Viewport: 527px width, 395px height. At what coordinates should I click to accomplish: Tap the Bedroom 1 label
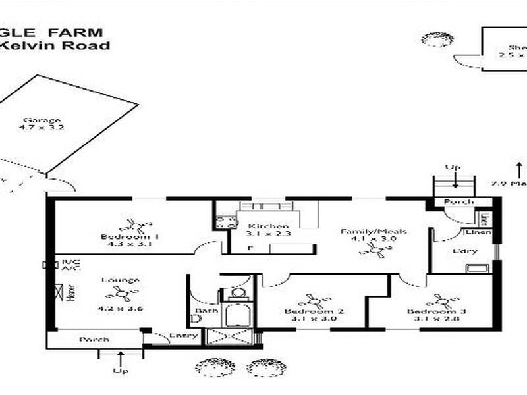tap(121, 236)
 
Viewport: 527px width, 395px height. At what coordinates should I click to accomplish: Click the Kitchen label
tap(259, 226)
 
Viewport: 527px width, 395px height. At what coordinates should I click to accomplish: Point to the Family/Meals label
tap(373, 232)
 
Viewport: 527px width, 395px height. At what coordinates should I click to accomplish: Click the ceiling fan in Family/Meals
tap(377, 250)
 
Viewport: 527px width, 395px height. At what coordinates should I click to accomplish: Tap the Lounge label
tap(120, 280)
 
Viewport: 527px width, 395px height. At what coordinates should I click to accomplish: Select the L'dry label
tap(461, 251)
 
